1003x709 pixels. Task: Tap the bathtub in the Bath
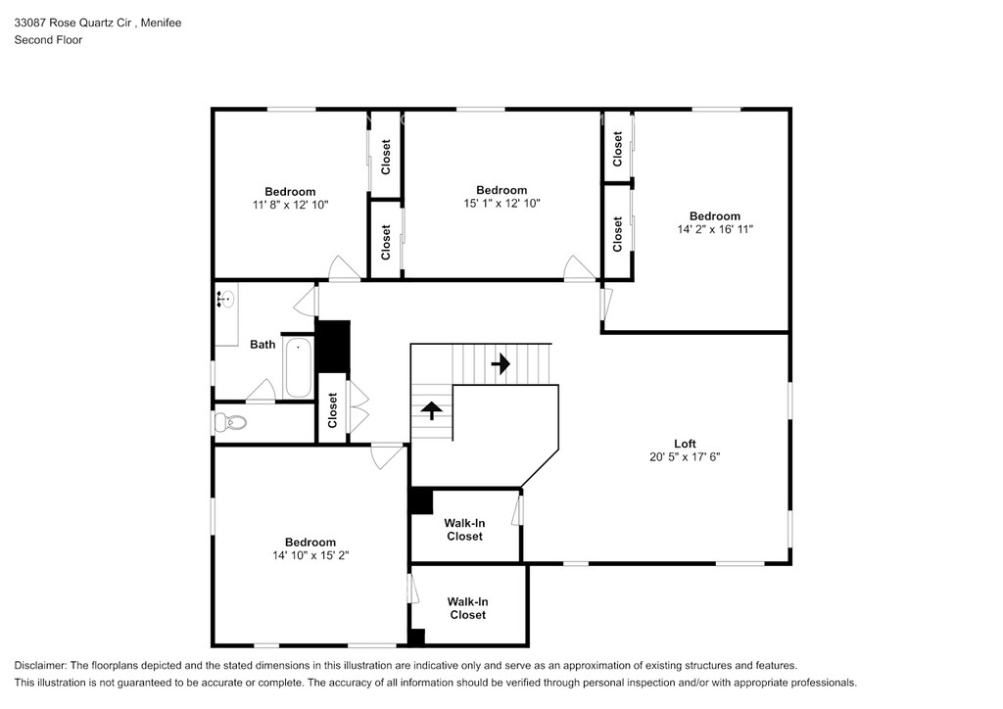pos(298,367)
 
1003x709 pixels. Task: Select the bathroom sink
pos(226,299)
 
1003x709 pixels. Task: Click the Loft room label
pos(685,443)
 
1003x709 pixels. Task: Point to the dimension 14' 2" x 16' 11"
pos(715,229)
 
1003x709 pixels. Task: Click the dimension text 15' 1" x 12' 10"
pos(502,204)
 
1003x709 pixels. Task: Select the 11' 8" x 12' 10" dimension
pos(290,205)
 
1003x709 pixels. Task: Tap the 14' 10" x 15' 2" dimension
pos(310,555)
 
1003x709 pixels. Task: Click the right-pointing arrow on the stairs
pos(501,364)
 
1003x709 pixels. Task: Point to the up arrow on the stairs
pos(432,410)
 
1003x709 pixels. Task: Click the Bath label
pos(263,345)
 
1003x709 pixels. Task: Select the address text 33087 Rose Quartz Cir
pos(72,24)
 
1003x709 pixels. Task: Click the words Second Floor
pos(49,39)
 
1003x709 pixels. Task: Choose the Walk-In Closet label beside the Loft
pos(464,530)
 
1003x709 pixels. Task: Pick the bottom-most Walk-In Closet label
pos(467,608)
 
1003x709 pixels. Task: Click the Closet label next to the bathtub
pos(332,410)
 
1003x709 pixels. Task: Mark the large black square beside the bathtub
pos(333,346)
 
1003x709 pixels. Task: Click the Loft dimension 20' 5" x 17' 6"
pos(685,456)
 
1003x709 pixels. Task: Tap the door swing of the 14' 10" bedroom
pos(388,456)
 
